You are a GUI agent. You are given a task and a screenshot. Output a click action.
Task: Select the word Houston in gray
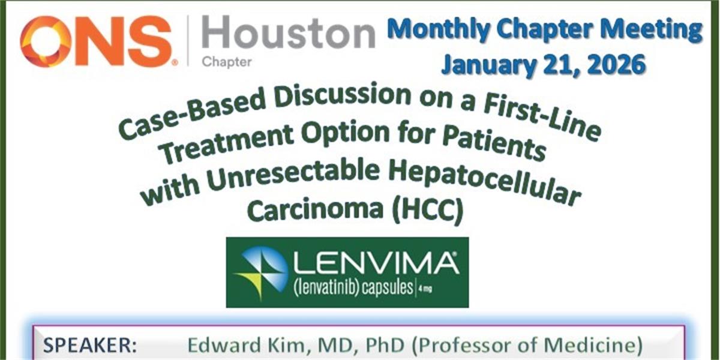tap(289, 32)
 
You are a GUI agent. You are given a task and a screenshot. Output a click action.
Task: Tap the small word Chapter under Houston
tap(227, 62)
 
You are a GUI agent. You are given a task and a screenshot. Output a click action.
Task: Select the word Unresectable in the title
tap(293, 178)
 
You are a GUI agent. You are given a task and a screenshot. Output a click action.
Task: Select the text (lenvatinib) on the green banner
tap(326, 287)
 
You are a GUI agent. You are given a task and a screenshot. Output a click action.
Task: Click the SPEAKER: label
tap(90, 346)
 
